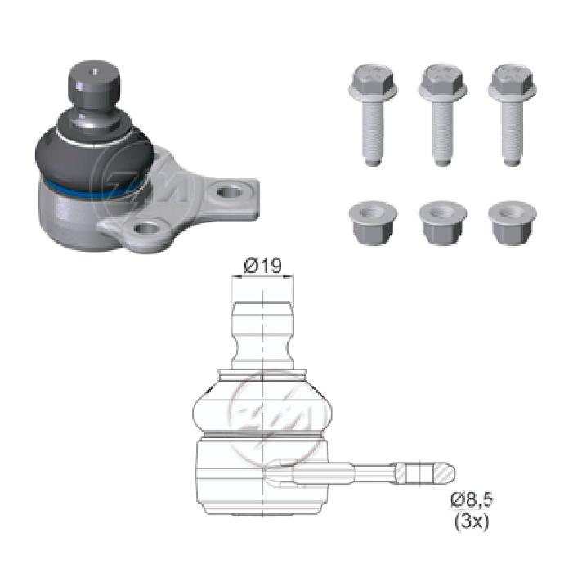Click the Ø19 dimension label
pyautogui.click(x=263, y=266)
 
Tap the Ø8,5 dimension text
pyautogui.click(x=472, y=500)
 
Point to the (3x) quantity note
pyautogui.click(x=472, y=521)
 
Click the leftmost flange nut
pyautogui.click(x=373, y=223)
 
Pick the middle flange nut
pyautogui.click(x=443, y=223)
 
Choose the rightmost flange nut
pyautogui.click(x=513, y=223)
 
